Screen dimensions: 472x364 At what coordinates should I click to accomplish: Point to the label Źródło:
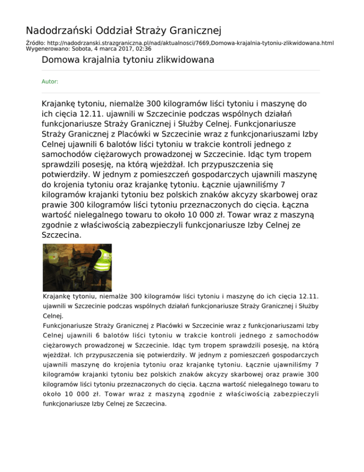point(36,43)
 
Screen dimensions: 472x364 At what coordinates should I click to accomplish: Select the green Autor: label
point(50,82)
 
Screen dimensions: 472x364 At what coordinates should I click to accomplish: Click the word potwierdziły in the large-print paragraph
point(66,182)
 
